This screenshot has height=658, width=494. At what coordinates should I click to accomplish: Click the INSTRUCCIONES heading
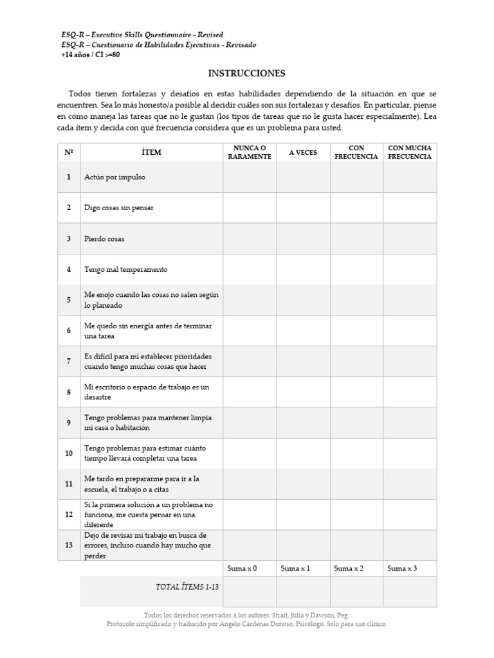coord(246,73)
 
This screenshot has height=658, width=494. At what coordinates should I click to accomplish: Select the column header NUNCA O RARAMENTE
coord(250,152)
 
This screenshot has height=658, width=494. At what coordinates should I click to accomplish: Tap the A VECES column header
coord(303,153)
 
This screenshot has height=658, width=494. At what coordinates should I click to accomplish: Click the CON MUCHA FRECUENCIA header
coord(410,152)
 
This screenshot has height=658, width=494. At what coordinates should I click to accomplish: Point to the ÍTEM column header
coord(151,153)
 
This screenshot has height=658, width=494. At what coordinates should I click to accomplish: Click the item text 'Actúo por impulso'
coord(114,177)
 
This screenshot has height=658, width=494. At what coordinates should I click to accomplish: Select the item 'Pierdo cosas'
coord(104,239)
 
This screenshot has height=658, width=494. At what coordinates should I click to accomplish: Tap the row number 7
coord(69,361)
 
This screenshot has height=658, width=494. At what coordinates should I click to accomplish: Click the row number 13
coord(69,546)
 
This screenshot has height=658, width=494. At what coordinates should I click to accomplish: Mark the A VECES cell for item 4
coord(303,270)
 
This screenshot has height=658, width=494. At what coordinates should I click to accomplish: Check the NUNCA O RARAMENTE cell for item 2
coord(250,208)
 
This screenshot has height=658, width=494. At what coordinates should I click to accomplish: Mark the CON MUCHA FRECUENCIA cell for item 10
coord(410,454)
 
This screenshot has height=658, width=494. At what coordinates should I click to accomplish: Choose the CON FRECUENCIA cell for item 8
coord(356,392)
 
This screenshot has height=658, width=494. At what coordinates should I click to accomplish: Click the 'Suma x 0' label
coord(242,569)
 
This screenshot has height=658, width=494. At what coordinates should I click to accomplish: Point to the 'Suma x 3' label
coord(402,569)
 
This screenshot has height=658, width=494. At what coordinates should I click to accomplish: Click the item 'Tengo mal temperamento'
coord(125,270)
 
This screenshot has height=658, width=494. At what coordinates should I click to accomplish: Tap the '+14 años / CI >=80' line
coord(90,55)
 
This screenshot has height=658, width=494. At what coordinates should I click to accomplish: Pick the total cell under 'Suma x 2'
coord(356,591)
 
